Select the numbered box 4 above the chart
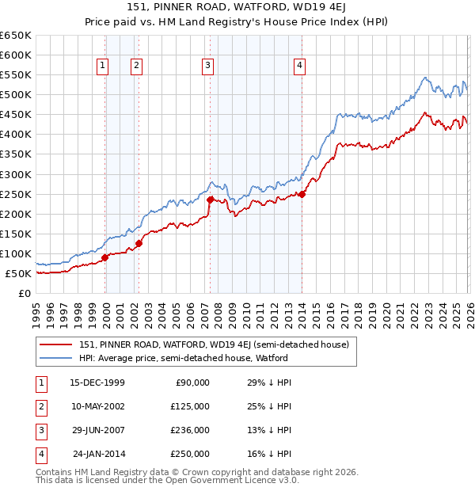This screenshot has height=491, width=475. [300, 66]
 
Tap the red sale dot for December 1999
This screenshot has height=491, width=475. [105, 257]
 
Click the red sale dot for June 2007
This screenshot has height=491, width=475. [210, 200]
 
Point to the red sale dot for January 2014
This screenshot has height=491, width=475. [302, 194]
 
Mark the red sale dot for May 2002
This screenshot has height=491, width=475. [139, 243]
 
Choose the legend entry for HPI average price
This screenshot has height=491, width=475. [183, 358]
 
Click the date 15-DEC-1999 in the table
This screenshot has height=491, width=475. [97, 383]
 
